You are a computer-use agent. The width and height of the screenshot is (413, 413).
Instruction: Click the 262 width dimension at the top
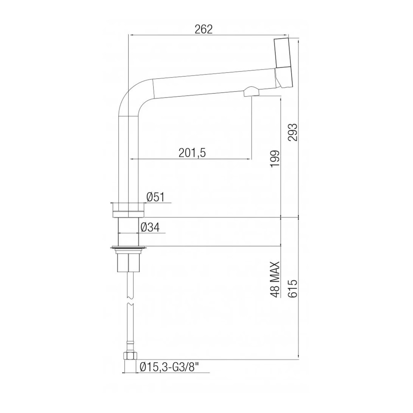click(204, 29)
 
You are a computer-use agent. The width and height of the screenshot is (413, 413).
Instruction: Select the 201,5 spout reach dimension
click(192, 153)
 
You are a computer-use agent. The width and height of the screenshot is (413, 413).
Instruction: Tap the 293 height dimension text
click(293, 132)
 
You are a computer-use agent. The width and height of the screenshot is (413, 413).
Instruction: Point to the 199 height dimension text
click(275, 159)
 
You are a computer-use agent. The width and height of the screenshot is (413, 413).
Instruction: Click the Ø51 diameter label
click(155, 197)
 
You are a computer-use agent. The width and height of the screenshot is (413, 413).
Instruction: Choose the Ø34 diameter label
click(150, 227)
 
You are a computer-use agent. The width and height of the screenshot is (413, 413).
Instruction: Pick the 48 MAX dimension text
click(275, 279)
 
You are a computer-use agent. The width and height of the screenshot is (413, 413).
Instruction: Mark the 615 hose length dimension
click(293, 288)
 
